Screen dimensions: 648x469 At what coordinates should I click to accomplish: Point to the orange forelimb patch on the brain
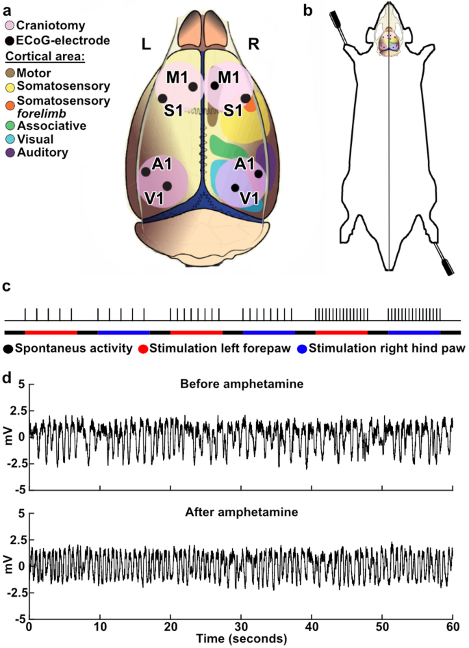pyautogui.click(x=252, y=103)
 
